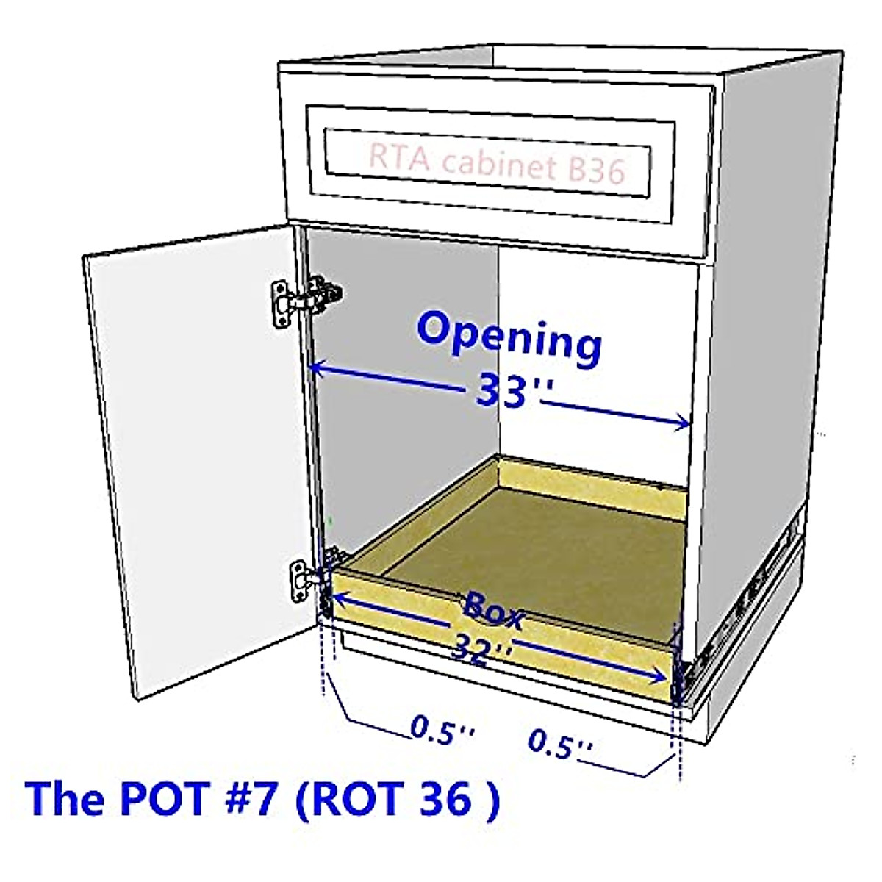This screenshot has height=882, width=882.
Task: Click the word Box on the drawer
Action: coord(494,610)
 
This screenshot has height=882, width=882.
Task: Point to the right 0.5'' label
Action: coord(560,745)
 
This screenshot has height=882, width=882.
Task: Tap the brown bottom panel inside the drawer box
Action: coord(537,544)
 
